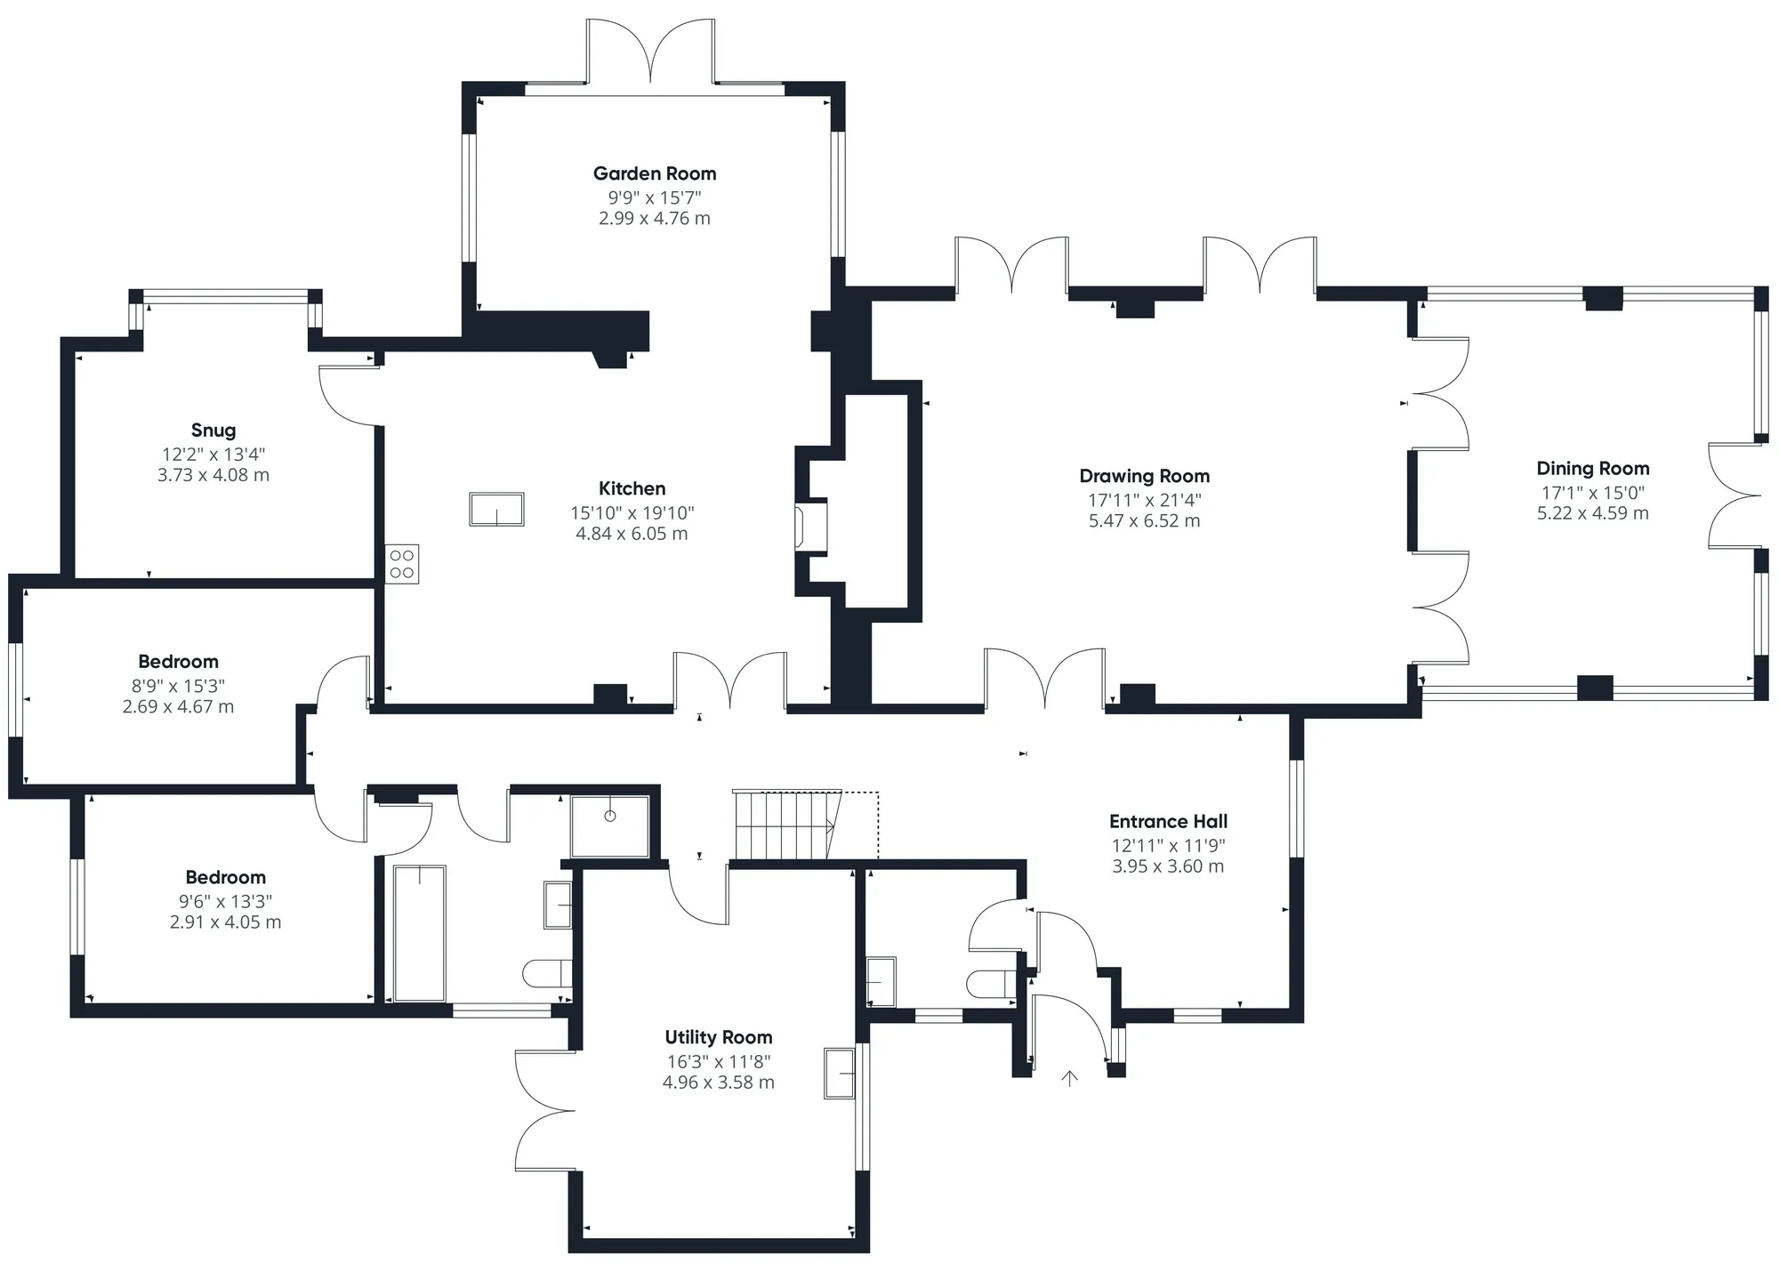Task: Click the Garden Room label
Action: pos(655,173)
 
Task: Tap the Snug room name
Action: pos(213,431)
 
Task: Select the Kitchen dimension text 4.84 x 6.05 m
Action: pos(632,534)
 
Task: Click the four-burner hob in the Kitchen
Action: pos(402,564)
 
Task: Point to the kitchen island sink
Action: pos(496,510)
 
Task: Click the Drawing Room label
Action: pos(1145,476)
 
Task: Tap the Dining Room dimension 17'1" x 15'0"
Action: pos(1593,493)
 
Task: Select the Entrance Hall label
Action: pos(1168,822)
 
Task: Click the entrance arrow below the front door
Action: pos(1069,1078)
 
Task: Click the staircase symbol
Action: pos(787,825)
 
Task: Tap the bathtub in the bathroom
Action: pos(419,933)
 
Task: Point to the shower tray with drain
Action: pos(609,826)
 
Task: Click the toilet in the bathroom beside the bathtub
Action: pos(547,974)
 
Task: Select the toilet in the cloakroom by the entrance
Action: pos(991,984)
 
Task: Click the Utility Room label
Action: pos(719,1037)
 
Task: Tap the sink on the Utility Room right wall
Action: pos(840,1073)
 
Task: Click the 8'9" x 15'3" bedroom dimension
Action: pos(178,686)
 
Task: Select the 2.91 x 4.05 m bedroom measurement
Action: pos(226,922)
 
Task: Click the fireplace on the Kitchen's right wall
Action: pos(811,528)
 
